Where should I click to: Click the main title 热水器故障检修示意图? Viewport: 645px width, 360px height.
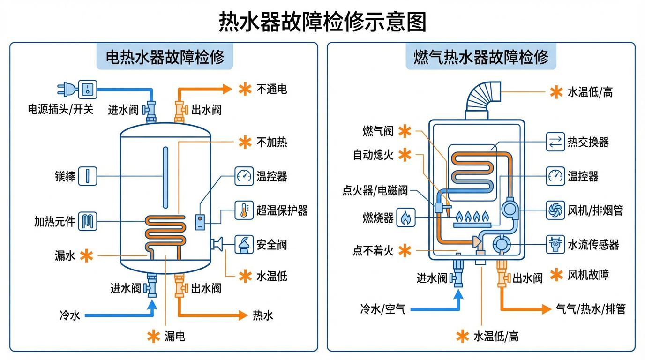pos(322,22)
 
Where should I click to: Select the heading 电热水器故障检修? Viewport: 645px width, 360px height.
pos(165,57)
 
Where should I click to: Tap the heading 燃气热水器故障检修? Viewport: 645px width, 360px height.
pos(481,57)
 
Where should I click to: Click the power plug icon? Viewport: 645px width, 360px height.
pos(66,89)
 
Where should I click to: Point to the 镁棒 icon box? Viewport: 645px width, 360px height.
pos(88,176)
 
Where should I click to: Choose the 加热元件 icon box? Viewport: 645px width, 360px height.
pos(88,221)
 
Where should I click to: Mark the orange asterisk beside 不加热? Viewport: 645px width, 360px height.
pos(245,142)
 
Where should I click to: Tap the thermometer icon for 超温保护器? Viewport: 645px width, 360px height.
pos(244,210)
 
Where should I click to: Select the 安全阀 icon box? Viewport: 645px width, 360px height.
pos(244,245)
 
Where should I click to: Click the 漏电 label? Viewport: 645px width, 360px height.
pos(175,336)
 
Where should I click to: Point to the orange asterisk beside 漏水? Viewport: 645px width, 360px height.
pos(86,255)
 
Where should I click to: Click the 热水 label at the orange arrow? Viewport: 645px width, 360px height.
pos(263,315)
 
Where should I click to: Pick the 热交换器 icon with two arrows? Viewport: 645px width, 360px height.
pos(555,142)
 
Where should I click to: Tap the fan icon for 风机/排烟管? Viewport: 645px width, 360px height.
pos(555,210)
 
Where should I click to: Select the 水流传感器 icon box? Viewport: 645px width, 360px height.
pos(555,244)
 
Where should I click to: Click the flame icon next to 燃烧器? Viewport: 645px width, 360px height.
pos(406,217)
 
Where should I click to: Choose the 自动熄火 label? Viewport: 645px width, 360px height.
pos(373,155)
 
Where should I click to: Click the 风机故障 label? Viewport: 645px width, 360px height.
pos(588,275)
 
